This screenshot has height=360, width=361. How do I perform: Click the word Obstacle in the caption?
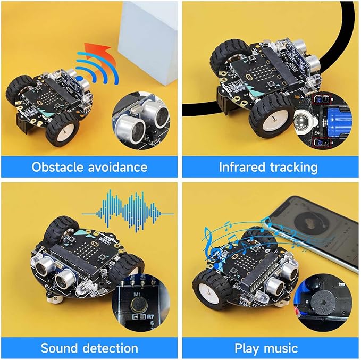pos(57,167)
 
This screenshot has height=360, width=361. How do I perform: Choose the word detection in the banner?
pos(112,348)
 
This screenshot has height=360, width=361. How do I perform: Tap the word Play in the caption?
pos(248,348)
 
